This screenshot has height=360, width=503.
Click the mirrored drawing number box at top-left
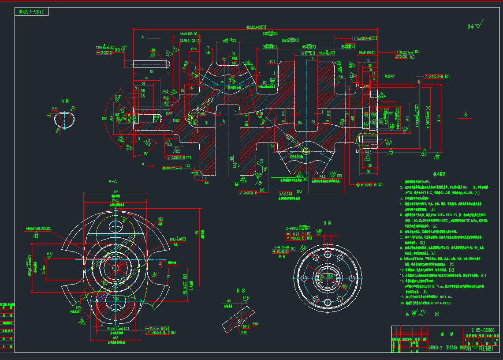(32, 12)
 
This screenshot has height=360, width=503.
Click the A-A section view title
(113, 181)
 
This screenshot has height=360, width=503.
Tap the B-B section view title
(241, 291)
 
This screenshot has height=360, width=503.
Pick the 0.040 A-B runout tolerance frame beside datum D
(437, 76)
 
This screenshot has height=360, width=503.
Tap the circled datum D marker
(418, 82)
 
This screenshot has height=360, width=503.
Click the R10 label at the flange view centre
(330, 277)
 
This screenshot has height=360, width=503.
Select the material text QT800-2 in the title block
(436, 347)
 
